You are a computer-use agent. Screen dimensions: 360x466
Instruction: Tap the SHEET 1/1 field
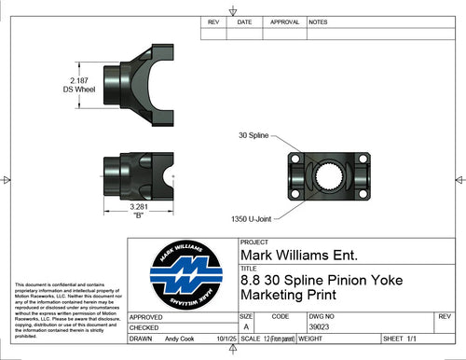(402, 340)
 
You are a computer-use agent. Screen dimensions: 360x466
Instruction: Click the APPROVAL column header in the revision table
(283, 21)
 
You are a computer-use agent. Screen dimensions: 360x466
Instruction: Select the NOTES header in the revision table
(318, 21)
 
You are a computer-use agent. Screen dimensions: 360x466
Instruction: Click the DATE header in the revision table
(244, 21)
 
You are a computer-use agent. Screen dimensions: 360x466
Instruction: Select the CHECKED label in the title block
(144, 328)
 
